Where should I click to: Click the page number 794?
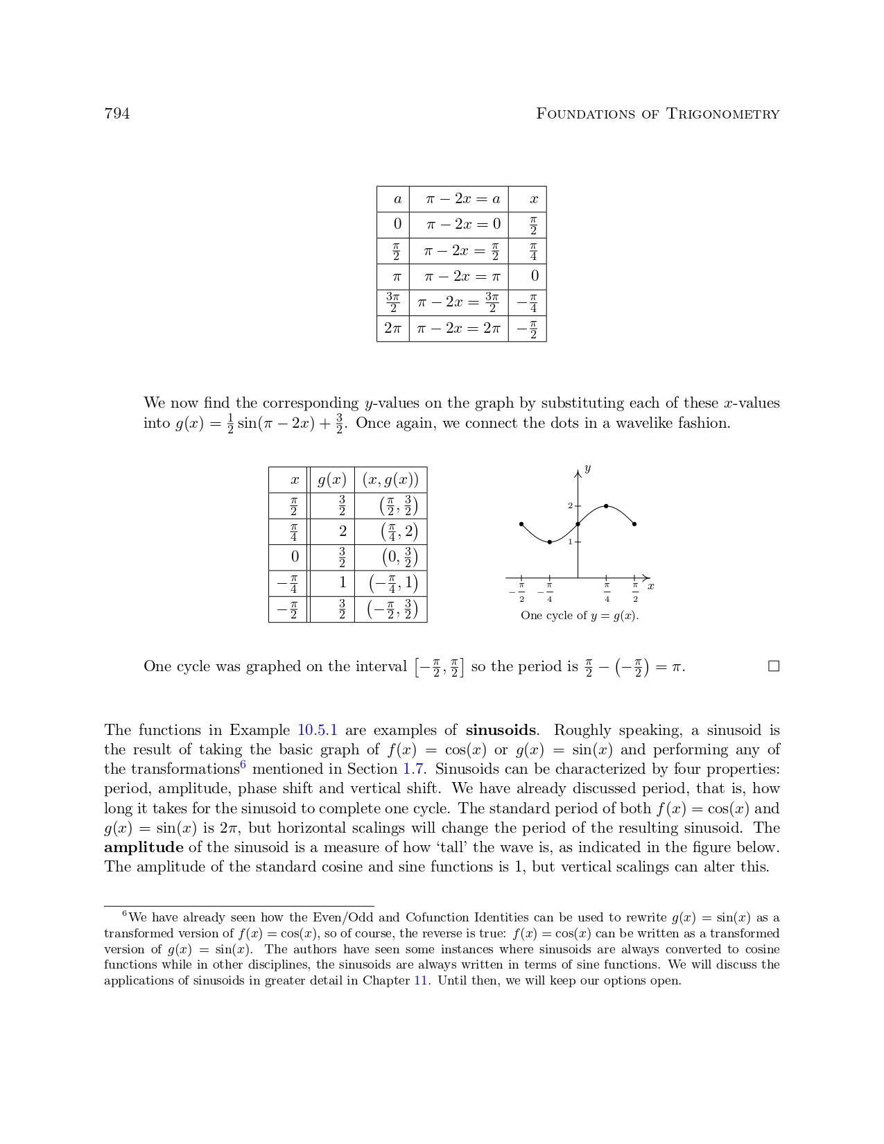[x=116, y=114]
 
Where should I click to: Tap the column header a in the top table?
[x=397, y=199]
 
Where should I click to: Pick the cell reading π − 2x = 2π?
[x=458, y=328]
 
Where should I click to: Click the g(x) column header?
[x=331, y=480]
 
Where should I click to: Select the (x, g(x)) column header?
[x=390, y=480]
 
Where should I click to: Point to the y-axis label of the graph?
[x=587, y=469]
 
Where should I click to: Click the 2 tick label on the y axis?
[x=570, y=506]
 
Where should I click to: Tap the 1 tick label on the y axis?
[x=570, y=541]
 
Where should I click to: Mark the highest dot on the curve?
[x=606, y=506]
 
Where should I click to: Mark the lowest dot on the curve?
[x=549, y=542]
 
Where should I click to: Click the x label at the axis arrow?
[x=650, y=587]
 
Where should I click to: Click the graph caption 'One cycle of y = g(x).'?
[x=579, y=616]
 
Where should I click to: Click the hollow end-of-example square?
[x=774, y=666]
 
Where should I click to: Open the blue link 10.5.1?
[x=317, y=730]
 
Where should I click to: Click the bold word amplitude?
[x=144, y=847]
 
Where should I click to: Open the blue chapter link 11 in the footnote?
[x=420, y=980]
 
